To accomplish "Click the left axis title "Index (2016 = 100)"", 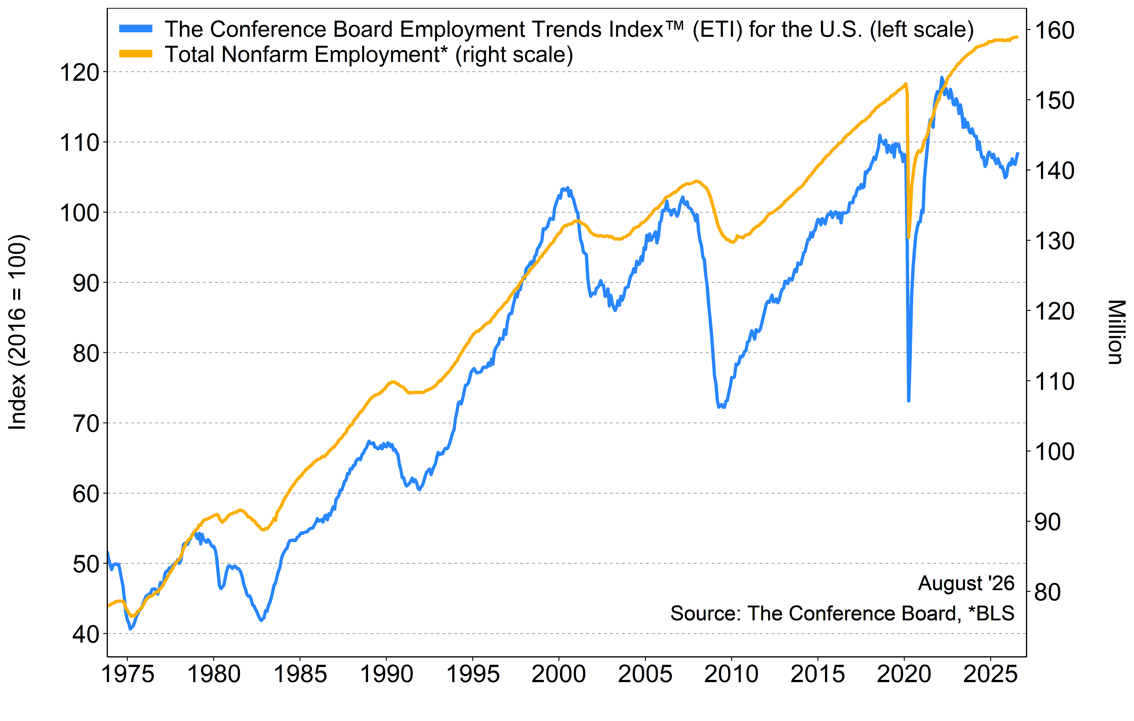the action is point(18,332).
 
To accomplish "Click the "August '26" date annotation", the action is point(966,584).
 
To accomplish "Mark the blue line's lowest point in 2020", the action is point(908,400).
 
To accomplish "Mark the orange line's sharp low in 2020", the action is point(908,237).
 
